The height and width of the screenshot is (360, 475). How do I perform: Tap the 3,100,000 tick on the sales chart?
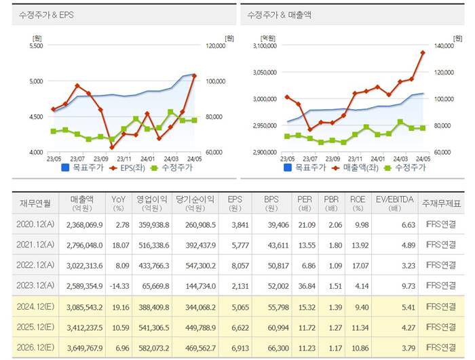[x=263, y=46]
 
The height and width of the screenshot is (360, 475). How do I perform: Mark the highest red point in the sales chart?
[x=423, y=52]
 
